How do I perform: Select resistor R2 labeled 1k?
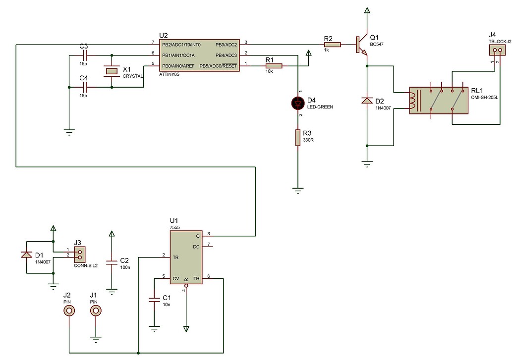(x=333, y=45)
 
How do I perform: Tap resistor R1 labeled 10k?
(x=274, y=65)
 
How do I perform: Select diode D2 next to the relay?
(x=367, y=101)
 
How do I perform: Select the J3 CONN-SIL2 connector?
(x=79, y=255)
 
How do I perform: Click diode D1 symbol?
(x=26, y=255)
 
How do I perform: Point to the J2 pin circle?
(x=69, y=311)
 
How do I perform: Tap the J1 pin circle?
(x=95, y=311)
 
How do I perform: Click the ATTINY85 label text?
(x=171, y=75)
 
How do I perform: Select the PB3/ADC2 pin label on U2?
(x=227, y=45)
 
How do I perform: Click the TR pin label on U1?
(x=175, y=257)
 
